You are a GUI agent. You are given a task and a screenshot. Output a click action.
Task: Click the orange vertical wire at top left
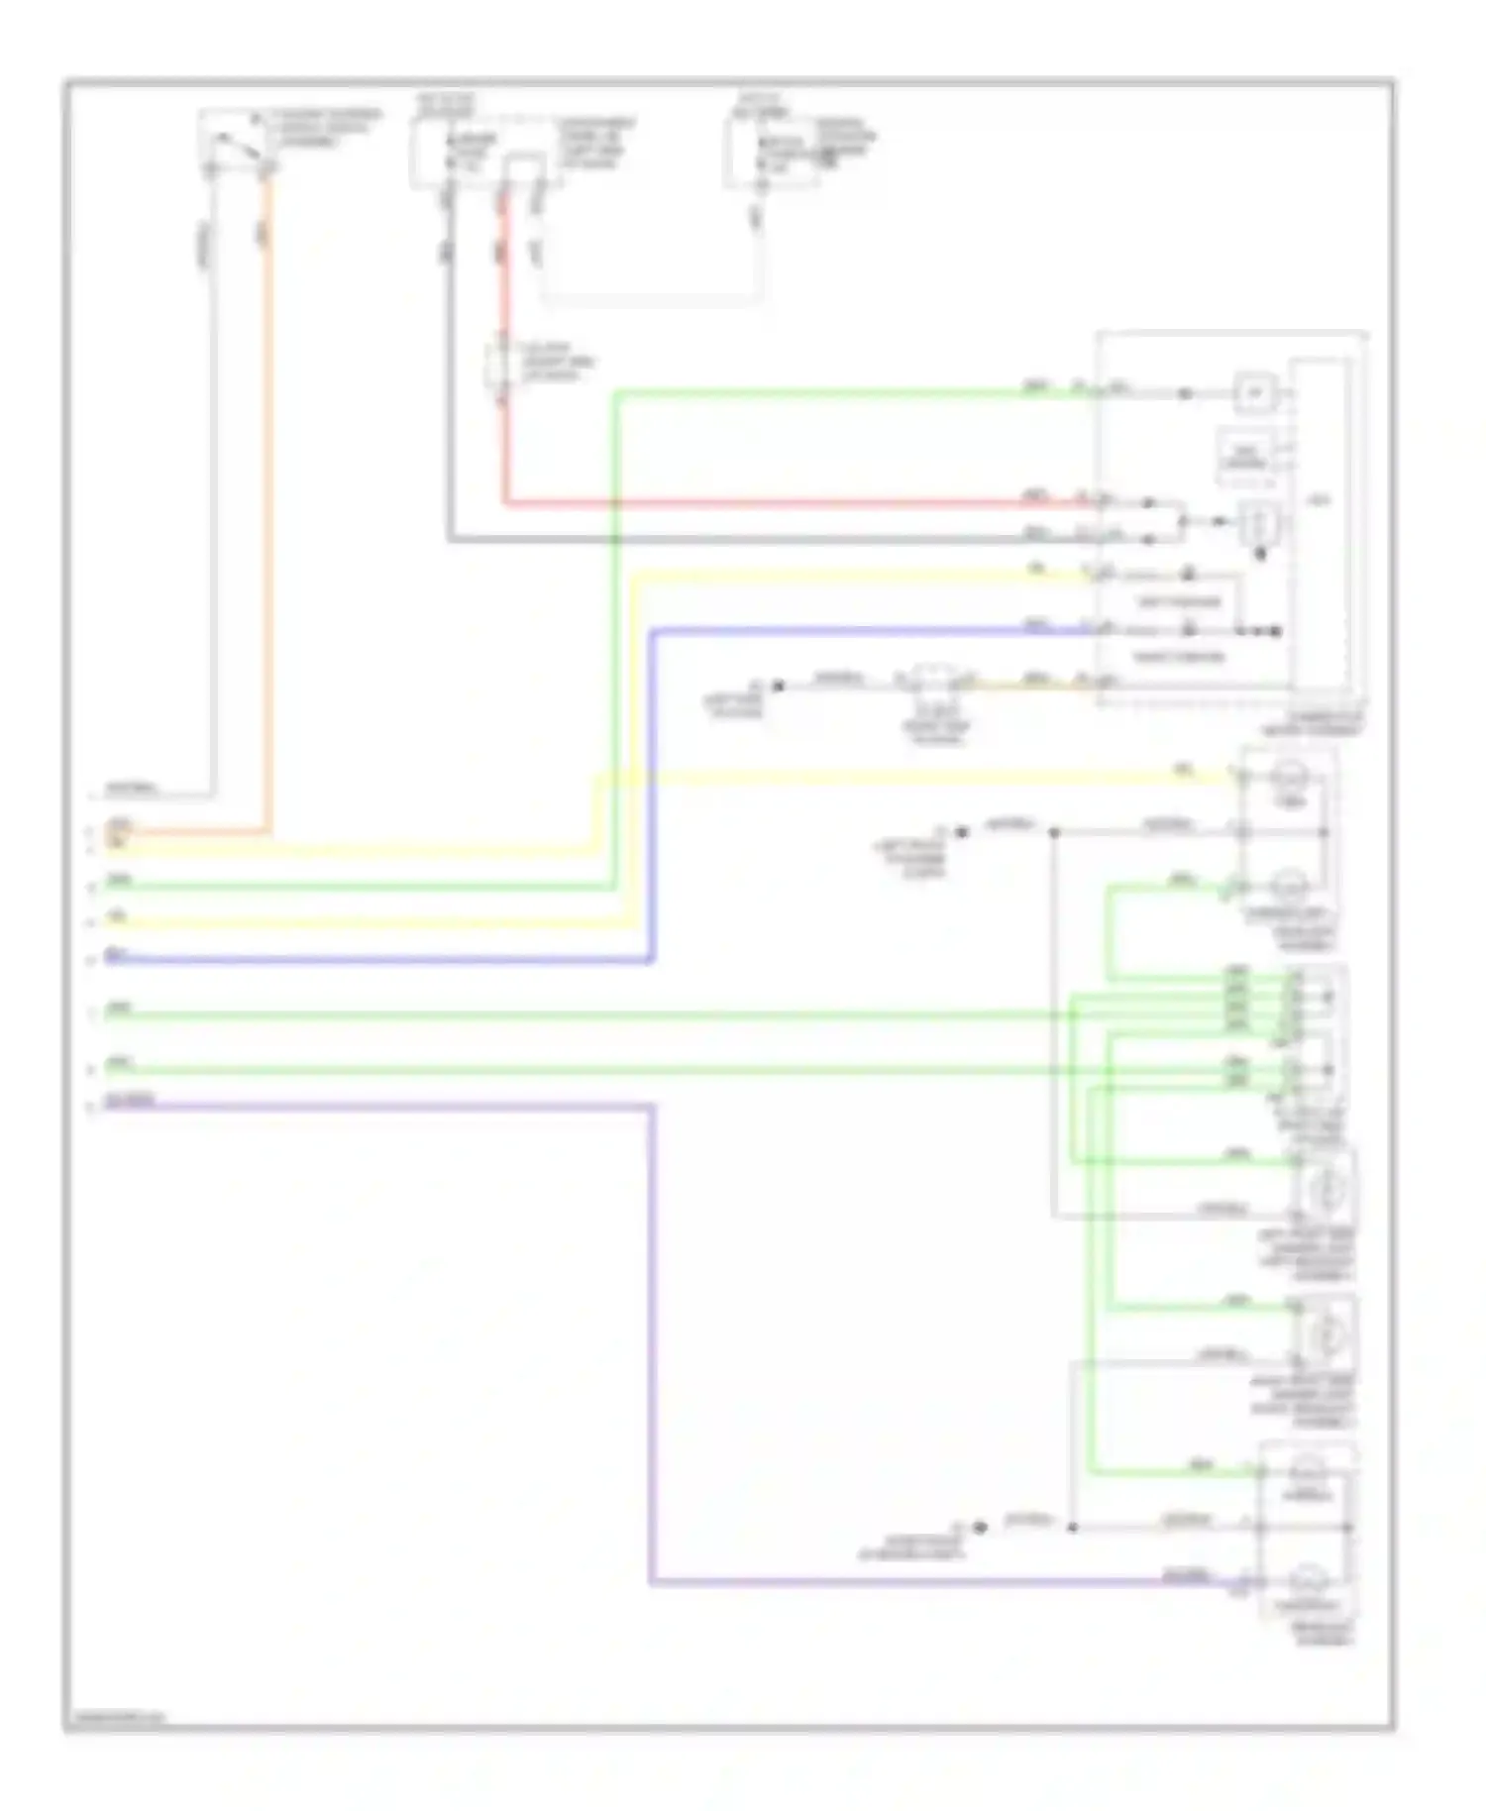pyautogui.click(x=267, y=495)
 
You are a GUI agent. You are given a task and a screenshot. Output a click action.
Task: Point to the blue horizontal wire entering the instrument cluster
pyautogui.click(x=872, y=630)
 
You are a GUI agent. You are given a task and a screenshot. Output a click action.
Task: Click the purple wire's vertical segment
pyautogui.click(x=652, y=1337)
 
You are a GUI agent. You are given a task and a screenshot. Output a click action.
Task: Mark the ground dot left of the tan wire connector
pyautogui.click(x=779, y=685)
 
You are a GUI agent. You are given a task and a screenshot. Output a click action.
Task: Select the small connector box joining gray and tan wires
pyautogui.click(x=931, y=682)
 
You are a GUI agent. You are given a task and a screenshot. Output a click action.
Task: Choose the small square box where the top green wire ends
pyautogui.click(x=1255, y=393)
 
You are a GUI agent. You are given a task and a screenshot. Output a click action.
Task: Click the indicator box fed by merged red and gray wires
pyautogui.click(x=1259, y=522)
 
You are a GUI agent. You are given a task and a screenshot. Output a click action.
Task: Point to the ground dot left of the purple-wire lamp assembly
pyautogui.click(x=980, y=1528)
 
